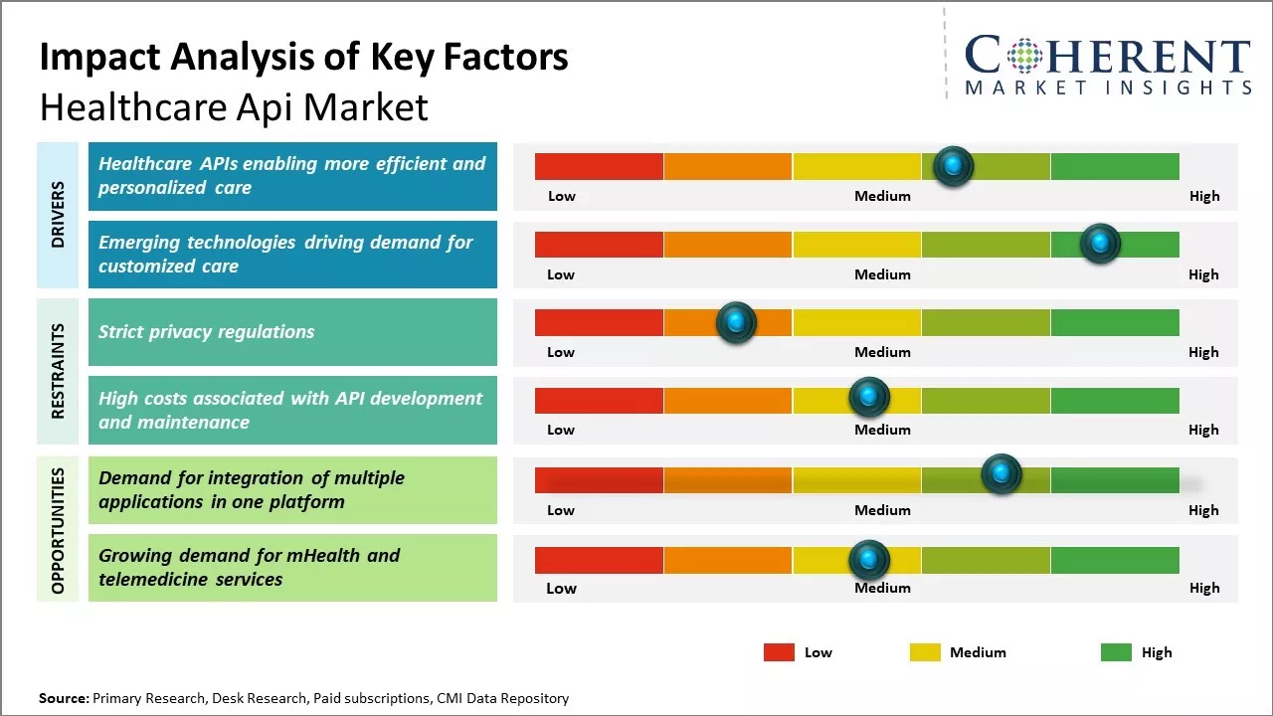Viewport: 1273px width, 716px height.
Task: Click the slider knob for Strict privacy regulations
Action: [736, 322]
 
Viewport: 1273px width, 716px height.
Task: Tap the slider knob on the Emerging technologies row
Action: [1100, 244]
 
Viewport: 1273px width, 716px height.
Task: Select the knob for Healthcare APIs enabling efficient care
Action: [954, 166]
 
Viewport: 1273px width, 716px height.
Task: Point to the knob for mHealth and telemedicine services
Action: [869, 560]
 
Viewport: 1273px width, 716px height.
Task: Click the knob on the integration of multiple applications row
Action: [1001, 473]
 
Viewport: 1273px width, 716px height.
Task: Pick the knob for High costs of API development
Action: [869, 398]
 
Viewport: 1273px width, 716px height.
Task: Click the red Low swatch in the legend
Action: [779, 652]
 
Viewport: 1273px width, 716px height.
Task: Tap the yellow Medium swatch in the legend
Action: [925, 652]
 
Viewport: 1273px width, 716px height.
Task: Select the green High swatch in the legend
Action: [1116, 652]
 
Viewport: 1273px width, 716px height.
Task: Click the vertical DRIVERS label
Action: [58, 215]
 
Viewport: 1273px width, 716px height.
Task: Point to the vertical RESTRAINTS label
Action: [58, 371]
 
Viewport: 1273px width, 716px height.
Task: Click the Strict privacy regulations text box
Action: [292, 332]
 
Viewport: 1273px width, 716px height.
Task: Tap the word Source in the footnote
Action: [63, 698]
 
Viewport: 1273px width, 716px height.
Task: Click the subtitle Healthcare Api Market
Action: [234, 106]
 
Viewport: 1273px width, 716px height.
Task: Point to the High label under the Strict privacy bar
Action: [1203, 352]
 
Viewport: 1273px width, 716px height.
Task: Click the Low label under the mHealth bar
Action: [561, 588]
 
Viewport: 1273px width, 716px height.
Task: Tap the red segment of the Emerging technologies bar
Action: [599, 244]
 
